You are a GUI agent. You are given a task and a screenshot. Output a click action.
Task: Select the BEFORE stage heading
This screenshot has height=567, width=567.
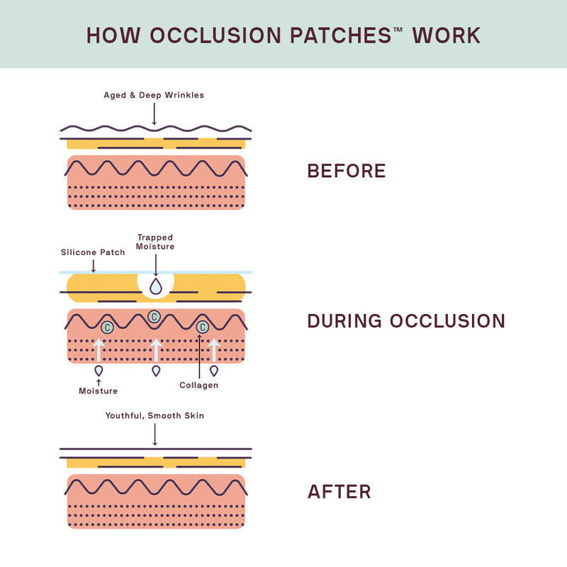point(346,171)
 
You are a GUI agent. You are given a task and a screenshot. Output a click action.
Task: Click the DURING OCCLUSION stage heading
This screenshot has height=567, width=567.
point(406,321)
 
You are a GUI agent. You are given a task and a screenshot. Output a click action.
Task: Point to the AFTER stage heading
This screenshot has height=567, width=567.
point(339,492)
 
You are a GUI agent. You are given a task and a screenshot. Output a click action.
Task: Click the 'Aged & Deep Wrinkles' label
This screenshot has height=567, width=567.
point(154,95)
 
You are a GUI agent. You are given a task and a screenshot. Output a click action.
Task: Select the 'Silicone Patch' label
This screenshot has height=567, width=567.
point(93,252)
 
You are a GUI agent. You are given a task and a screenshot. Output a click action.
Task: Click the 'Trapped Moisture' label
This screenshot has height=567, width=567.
point(155,242)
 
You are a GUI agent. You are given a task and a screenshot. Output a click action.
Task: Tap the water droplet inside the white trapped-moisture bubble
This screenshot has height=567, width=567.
point(155,286)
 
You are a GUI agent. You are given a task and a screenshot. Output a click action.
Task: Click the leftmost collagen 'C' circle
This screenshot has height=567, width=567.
point(107,327)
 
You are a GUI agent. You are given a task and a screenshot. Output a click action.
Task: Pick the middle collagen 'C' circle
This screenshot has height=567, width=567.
point(154,316)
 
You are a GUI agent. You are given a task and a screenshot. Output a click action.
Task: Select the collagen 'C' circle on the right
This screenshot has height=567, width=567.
point(202,327)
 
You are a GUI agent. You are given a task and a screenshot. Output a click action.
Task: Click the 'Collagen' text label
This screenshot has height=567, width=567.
point(199,385)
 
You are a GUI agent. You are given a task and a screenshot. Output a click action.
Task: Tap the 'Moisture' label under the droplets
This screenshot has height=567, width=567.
point(98,391)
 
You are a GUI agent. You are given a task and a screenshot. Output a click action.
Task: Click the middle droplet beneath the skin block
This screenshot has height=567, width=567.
point(156,371)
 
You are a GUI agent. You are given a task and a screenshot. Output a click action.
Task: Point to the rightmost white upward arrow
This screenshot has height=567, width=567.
point(214,350)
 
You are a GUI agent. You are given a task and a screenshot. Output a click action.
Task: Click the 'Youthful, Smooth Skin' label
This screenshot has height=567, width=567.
point(155,415)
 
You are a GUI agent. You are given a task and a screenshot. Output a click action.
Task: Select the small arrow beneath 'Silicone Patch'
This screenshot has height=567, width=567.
point(94,265)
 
